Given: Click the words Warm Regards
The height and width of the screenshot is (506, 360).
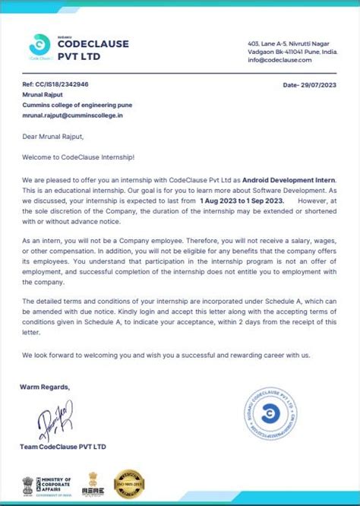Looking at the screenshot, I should [45, 387].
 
